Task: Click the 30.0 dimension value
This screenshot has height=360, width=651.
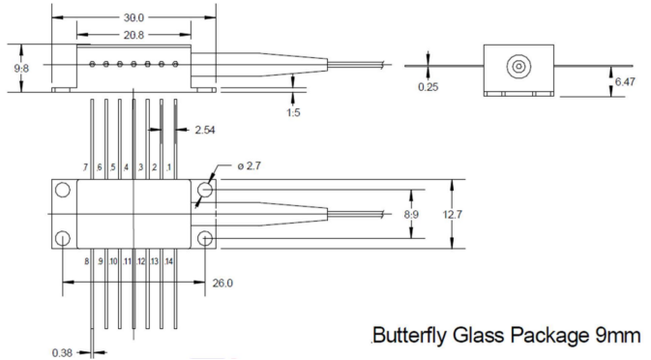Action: pyautogui.click(x=133, y=17)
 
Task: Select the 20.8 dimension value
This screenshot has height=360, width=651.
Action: pyautogui.click(x=133, y=35)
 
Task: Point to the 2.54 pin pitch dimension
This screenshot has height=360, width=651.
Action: pyautogui.click(x=205, y=130)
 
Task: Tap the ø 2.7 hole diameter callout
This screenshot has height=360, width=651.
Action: pyautogui.click(x=250, y=166)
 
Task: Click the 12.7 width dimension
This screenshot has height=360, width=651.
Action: pyautogui.click(x=452, y=215)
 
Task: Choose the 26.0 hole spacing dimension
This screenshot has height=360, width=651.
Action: pyautogui.click(x=222, y=284)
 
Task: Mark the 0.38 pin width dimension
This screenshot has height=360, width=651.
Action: pyautogui.click(x=62, y=353)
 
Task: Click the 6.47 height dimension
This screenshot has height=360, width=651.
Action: pyautogui.click(x=625, y=82)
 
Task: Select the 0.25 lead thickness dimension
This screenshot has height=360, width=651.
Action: pyautogui.click(x=429, y=87)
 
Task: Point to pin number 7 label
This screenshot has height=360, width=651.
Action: pyautogui.click(x=85, y=167)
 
